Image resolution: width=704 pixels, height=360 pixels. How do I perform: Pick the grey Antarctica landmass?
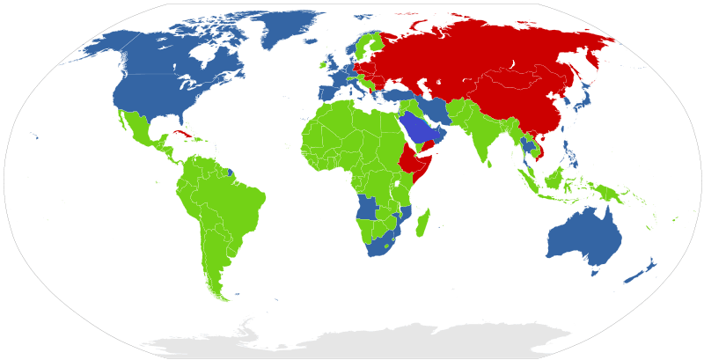[x=370, y=341]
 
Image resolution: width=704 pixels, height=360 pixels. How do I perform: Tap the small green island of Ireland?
[x=323, y=64]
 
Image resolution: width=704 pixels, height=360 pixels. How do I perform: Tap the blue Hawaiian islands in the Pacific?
[x=35, y=136]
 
